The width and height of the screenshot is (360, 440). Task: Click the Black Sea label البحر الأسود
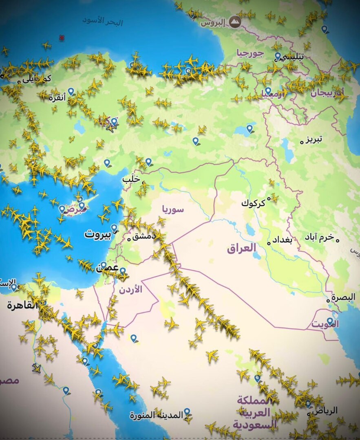pyautogui.click(x=102, y=21)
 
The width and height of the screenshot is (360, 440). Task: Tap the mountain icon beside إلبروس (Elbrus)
pyautogui.click(x=234, y=22)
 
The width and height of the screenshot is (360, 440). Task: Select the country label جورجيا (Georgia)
pyautogui.click(x=250, y=53)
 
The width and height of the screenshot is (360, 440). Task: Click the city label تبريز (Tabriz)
pyautogui.click(x=315, y=139)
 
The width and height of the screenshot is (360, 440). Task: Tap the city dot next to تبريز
pyautogui.click(x=302, y=142)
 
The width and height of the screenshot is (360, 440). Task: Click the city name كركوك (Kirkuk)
pyautogui.click(x=253, y=202)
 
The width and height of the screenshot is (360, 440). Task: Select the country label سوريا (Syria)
pyautogui.click(x=173, y=209)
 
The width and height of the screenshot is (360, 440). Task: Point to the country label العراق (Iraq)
pyautogui.click(x=241, y=247)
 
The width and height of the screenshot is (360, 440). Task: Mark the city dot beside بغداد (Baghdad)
pyautogui.click(x=269, y=243)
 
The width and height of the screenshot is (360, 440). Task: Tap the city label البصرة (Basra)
pyautogui.click(x=343, y=297)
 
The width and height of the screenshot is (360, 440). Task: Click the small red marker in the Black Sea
pyautogui.click(x=62, y=37)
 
